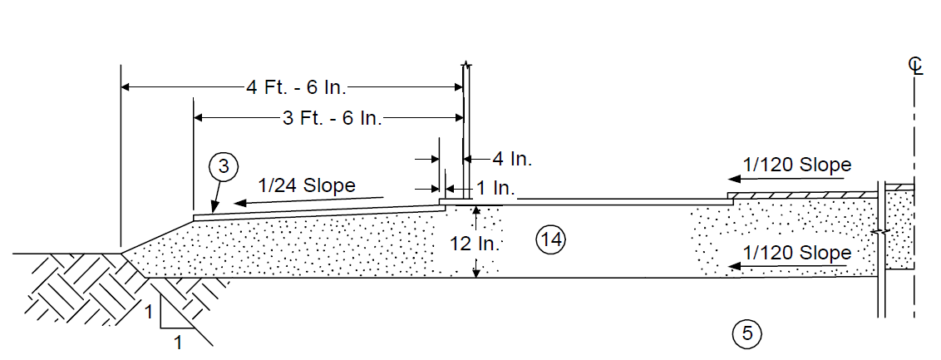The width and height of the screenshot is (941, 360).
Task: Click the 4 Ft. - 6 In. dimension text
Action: pos(297,87)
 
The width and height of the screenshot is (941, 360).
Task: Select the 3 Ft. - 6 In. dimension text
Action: pos(332,118)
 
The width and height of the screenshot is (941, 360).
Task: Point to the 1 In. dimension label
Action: pos(495,188)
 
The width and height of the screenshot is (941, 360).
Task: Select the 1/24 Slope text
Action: pos(307,185)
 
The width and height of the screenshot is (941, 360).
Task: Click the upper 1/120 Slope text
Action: pos(797,165)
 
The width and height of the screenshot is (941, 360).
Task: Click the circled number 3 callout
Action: pos(224,167)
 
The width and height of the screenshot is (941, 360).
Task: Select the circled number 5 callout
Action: pos(747,333)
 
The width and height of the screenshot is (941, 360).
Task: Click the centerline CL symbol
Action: pos(914,66)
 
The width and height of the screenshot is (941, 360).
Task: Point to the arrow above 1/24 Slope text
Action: pos(308,200)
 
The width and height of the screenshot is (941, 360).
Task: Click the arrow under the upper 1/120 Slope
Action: pos(788,179)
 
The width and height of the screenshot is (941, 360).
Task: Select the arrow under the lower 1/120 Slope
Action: pos(788,266)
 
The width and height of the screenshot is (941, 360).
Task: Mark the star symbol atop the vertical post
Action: pos(466,63)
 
